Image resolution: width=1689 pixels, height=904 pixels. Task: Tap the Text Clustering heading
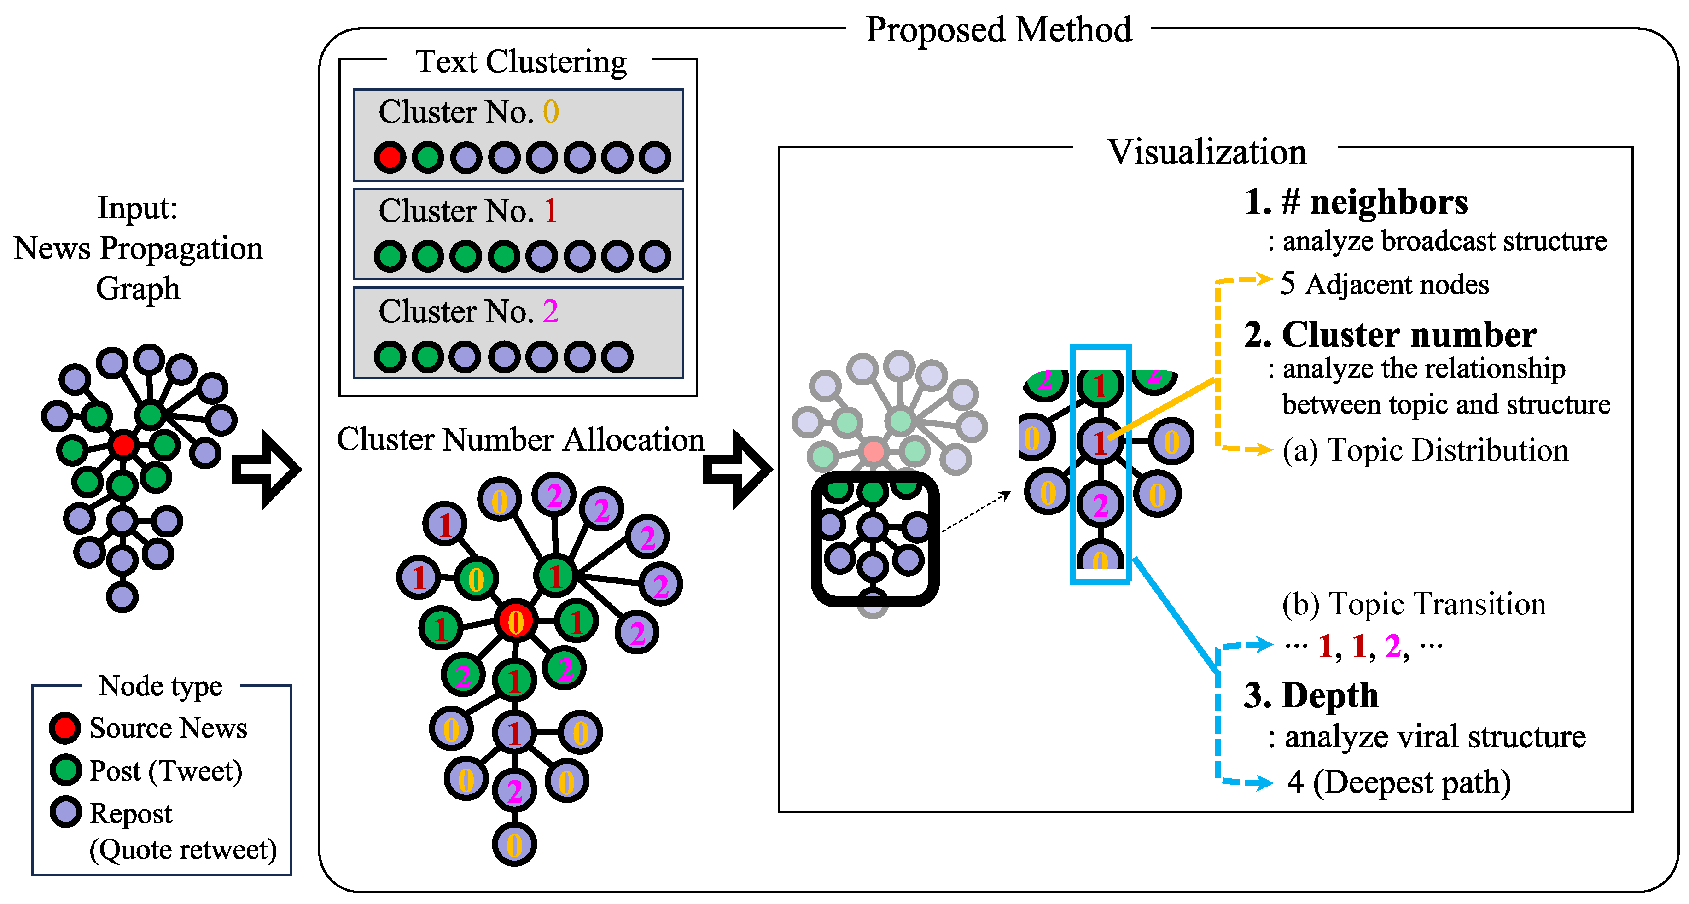[x=521, y=62]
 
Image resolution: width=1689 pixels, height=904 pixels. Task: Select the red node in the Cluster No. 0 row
[x=390, y=157]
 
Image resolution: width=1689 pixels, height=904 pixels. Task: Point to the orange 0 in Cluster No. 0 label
[x=551, y=112]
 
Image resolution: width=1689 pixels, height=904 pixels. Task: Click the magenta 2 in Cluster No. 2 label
[x=551, y=311]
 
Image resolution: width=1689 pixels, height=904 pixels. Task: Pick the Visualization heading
[x=1206, y=152]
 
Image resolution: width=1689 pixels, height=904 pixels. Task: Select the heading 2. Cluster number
[x=1390, y=335]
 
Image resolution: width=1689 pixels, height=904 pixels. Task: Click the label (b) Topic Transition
[x=1414, y=604]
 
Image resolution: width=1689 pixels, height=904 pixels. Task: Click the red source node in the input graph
[x=122, y=445]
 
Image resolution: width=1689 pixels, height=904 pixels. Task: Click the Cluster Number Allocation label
[x=521, y=439]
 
